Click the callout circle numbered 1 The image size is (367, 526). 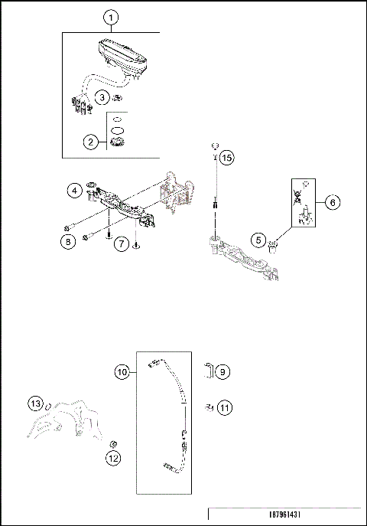(x=111, y=17)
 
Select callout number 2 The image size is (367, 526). (x=91, y=142)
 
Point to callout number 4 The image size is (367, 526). (x=74, y=189)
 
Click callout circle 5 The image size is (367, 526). (x=259, y=240)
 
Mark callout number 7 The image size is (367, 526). (x=121, y=243)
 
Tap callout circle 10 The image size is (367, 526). (x=122, y=372)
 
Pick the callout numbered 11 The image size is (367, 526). (x=223, y=407)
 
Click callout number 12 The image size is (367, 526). (x=112, y=459)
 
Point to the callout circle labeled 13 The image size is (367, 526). (x=35, y=403)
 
